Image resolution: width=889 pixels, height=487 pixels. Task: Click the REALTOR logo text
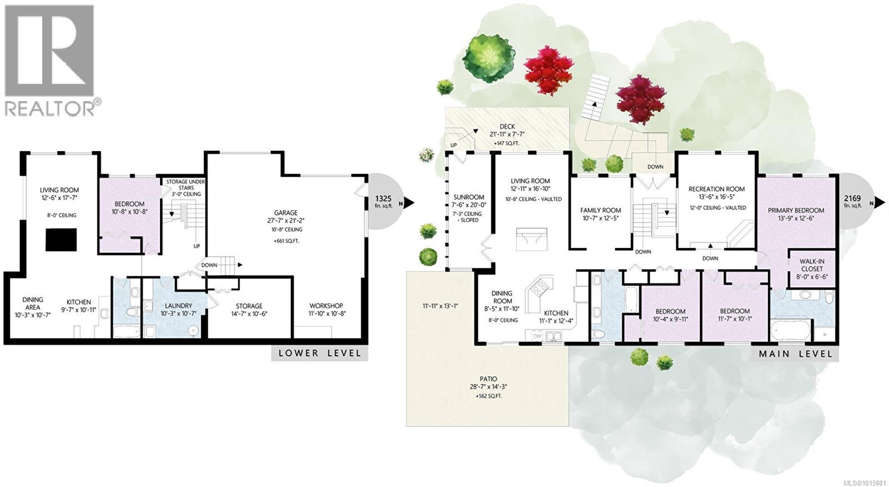coord(50,107)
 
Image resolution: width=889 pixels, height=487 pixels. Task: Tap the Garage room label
coord(286,212)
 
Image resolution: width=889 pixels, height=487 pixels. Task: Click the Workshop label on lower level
coord(326,306)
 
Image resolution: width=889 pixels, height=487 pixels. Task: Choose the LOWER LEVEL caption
coord(319,353)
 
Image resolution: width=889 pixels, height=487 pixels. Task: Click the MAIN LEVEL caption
coord(796,354)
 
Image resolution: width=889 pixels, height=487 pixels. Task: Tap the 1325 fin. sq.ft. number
coord(384,198)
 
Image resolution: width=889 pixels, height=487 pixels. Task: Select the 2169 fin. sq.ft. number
coord(852,198)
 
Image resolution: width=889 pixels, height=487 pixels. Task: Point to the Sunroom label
coord(468,197)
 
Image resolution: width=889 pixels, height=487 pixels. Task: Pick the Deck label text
coord(507,127)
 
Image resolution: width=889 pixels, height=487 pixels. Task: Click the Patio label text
coord(489,379)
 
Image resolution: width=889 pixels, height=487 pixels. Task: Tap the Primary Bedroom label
coord(796,210)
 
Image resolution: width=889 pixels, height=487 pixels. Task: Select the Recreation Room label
coord(716,189)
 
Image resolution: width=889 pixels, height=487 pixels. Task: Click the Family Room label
coord(601,210)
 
